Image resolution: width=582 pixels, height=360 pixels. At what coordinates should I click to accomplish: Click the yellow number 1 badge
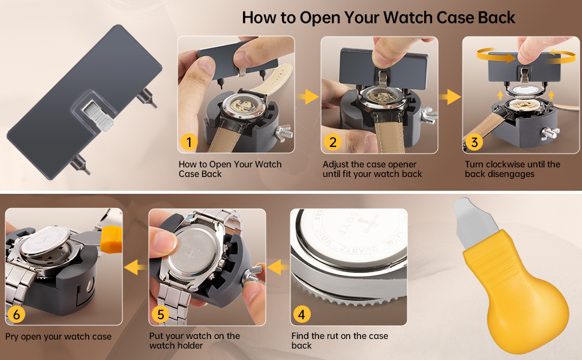tap(189, 142)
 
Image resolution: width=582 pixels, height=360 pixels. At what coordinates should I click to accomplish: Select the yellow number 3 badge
tap(474, 142)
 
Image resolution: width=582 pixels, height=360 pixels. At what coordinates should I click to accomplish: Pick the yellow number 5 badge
tap(160, 314)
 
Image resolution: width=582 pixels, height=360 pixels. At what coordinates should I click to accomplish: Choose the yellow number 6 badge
tap(16, 314)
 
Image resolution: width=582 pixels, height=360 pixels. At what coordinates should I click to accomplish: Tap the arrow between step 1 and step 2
tap(308, 96)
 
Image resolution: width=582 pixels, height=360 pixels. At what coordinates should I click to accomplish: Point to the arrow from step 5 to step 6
tap(136, 268)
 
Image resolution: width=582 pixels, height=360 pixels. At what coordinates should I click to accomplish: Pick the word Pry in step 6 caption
tap(13, 337)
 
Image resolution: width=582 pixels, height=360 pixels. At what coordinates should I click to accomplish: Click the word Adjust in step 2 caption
tap(337, 164)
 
